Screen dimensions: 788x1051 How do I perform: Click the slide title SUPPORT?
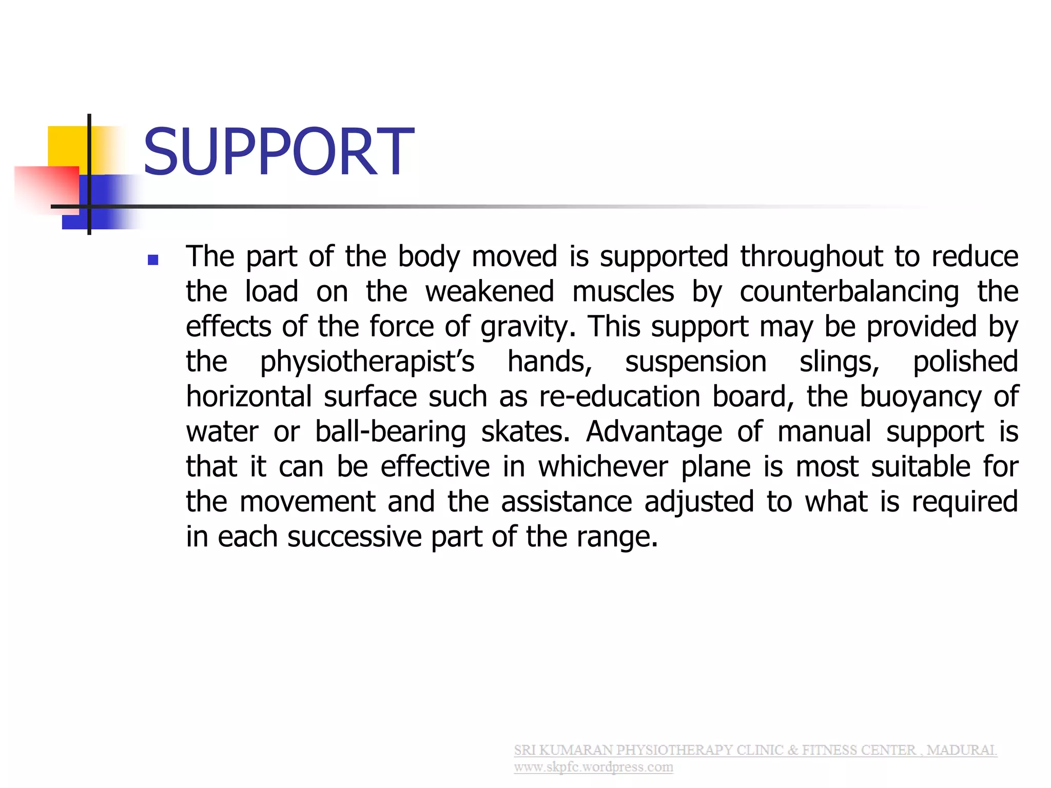[278, 152]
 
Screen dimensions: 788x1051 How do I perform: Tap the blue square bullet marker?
[152, 260]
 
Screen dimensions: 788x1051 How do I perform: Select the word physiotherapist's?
[367, 362]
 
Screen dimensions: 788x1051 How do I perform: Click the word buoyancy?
[920, 397]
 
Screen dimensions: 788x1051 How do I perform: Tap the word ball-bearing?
[390, 432]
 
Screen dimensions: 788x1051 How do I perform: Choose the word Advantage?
[654, 432]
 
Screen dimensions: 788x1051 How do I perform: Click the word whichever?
[603, 467]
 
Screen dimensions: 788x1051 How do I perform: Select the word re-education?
[619, 397]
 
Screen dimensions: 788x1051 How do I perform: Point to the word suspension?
[695, 362]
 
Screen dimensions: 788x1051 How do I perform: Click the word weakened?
[490, 292]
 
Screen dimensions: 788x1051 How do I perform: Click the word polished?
[965, 362]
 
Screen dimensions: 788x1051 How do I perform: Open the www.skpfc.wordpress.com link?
[593, 767]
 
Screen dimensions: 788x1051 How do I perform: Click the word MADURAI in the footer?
[961, 750]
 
